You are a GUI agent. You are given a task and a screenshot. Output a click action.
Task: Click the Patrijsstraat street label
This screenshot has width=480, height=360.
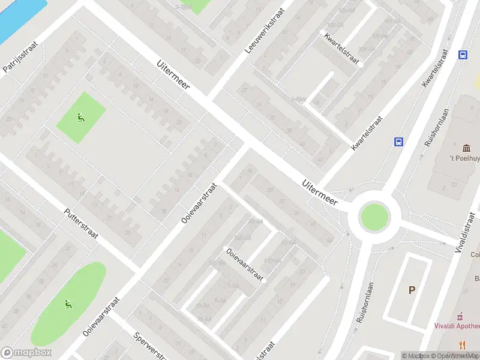[16, 57]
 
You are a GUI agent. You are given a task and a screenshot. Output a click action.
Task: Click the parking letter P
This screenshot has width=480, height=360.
[412, 290]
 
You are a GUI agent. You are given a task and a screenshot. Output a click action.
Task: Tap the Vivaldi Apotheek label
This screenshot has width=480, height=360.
[457, 326]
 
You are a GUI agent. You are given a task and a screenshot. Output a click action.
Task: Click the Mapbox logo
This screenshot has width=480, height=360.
[26, 353]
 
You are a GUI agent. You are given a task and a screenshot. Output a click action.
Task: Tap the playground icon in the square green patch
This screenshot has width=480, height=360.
[80, 118]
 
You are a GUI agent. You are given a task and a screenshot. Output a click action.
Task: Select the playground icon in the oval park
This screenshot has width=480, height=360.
[69, 304]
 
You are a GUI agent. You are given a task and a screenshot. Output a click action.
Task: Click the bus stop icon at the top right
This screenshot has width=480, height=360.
[463, 55]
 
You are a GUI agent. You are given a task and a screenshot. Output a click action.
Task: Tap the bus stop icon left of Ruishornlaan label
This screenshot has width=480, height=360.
[398, 142]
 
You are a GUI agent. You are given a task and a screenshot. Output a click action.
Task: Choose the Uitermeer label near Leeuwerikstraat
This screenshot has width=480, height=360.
[173, 74]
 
